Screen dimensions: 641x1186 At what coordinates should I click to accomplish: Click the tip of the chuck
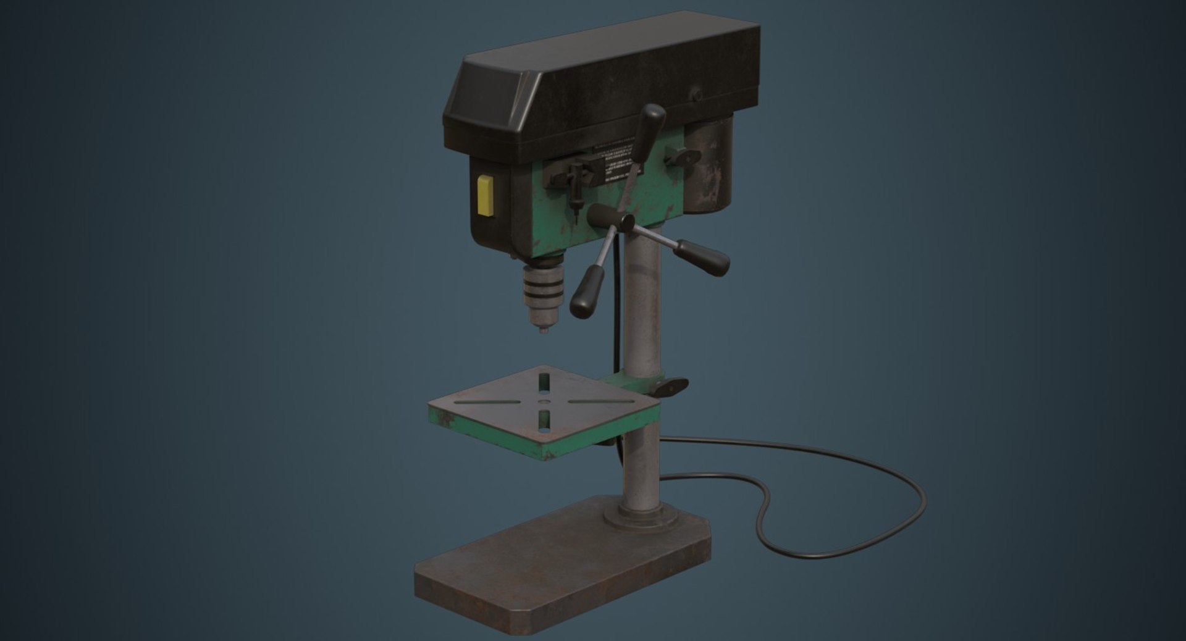(x=544, y=330)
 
